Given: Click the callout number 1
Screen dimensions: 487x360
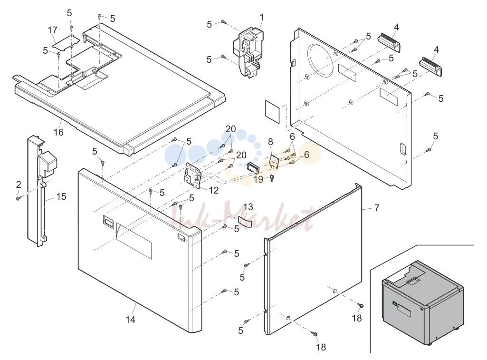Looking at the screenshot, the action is (262, 18).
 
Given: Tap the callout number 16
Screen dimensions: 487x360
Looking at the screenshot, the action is (58, 132).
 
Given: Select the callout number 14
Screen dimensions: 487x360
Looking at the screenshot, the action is (131, 319).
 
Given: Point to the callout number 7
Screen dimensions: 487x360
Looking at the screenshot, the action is (377, 208).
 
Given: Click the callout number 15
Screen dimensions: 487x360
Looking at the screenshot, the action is (61, 196).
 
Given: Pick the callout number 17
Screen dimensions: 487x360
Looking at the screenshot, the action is (52, 30).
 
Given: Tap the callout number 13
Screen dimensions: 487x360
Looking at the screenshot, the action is (248, 207).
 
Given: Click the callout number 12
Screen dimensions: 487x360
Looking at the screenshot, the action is (214, 190).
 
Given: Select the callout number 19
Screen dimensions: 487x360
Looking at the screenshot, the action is (258, 179).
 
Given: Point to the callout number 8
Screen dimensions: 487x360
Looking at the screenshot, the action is (270, 142).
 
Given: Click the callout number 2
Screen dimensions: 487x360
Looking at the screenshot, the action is (19, 185).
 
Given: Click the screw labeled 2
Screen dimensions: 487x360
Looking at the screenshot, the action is (19, 197).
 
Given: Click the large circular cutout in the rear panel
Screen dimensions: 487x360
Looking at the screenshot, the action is (323, 60).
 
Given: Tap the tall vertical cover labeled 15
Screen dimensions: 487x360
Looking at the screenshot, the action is (39, 191).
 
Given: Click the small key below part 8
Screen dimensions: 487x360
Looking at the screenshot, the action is (272, 179).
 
